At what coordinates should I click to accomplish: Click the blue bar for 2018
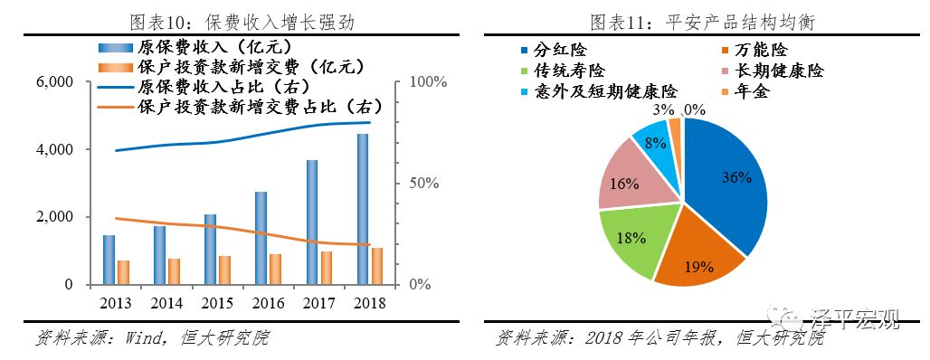point(363,209)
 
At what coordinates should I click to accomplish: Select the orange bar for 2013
point(123,272)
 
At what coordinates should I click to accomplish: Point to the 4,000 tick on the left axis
point(55,149)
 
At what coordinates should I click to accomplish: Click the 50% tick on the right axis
point(422,184)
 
